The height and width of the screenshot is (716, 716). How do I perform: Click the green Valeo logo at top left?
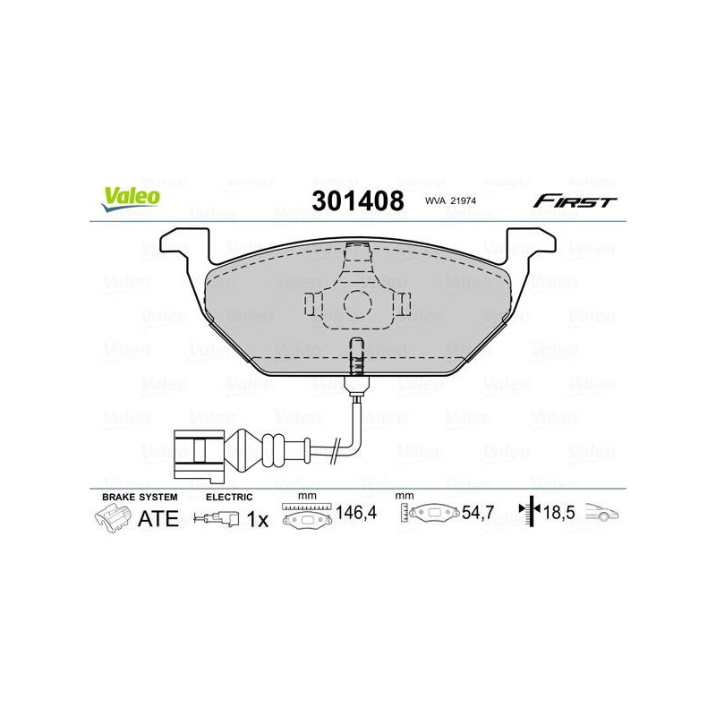pyautogui.click(x=131, y=199)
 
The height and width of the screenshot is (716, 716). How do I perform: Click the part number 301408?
pyautogui.click(x=357, y=200)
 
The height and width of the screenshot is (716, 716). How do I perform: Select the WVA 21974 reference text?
pyautogui.click(x=450, y=200)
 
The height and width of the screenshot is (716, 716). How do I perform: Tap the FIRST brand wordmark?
pyautogui.click(x=575, y=200)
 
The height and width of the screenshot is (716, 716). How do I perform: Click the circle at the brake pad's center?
pyautogui.click(x=357, y=304)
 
